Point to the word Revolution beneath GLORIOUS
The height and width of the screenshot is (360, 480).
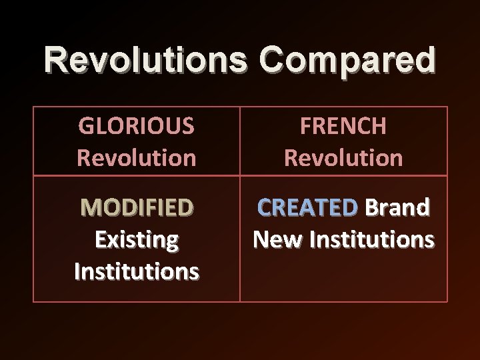point(136,157)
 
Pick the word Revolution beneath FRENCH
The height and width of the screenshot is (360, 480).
point(343,157)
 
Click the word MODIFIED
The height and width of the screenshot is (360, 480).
point(136,208)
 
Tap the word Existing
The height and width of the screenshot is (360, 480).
point(136,239)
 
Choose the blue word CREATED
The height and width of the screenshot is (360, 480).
point(308,208)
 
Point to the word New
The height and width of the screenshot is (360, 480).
point(274,239)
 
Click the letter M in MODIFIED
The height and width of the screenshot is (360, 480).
point(89,208)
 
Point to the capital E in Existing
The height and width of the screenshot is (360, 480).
point(100,239)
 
